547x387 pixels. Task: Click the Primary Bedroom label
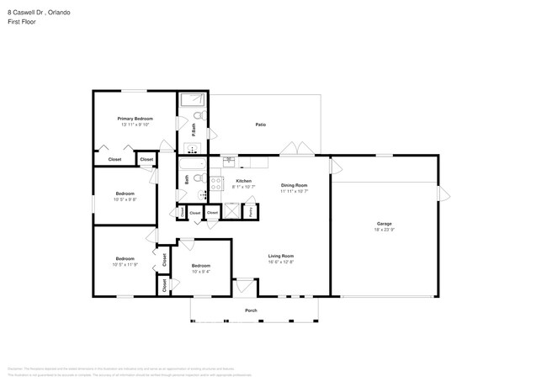click(x=135, y=119)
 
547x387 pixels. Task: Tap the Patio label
click(x=261, y=125)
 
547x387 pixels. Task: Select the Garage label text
click(x=384, y=223)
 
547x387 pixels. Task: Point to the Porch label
click(x=251, y=310)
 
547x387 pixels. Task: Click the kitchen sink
click(x=228, y=159)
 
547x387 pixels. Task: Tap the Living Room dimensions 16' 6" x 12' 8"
click(x=280, y=262)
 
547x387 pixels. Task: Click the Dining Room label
click(x=294, y=185)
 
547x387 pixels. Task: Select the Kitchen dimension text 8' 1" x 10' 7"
click(x=244, y=187)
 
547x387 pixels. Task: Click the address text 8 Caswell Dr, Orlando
click(x=39, y=13)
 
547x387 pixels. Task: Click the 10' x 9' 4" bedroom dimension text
click(x=200, y=272)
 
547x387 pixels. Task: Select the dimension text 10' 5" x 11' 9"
click(x=125, y=264)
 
